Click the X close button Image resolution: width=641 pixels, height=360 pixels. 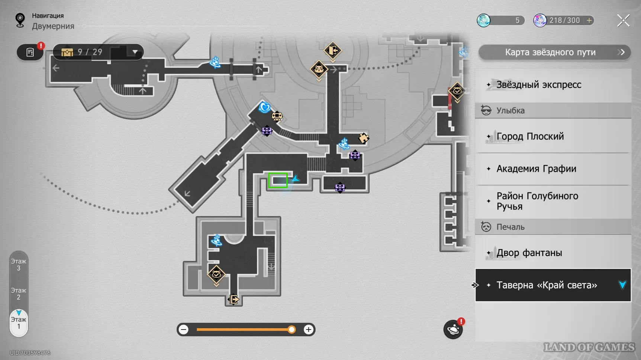(623, 20)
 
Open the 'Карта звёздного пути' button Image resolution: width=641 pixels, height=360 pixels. (554, 52)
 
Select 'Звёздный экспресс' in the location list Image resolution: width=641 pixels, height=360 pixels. (538, 85)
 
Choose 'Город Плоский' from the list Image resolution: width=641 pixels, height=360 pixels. (530, 136)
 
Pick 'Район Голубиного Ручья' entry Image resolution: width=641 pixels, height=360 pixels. (537, 201)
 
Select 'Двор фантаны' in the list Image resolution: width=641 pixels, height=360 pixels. (529, 253)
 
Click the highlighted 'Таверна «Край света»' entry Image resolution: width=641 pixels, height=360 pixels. (547, 285)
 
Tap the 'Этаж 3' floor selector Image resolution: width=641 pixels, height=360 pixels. (19, 265)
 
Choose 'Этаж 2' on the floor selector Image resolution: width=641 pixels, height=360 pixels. (19, 294)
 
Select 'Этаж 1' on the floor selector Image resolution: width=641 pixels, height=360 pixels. (19, 323)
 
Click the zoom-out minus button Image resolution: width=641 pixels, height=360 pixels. (184, 330)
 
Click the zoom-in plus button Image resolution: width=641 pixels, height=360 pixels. (308, 330)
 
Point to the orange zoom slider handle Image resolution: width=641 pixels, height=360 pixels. (292, 330)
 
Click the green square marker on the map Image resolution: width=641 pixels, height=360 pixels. (278, 181)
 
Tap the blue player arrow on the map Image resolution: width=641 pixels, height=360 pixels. (296, 179)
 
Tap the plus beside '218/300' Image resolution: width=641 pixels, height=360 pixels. (589, 20)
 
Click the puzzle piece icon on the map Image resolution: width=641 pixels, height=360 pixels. (363, 138)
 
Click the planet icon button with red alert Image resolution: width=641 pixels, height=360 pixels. (453, 330)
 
